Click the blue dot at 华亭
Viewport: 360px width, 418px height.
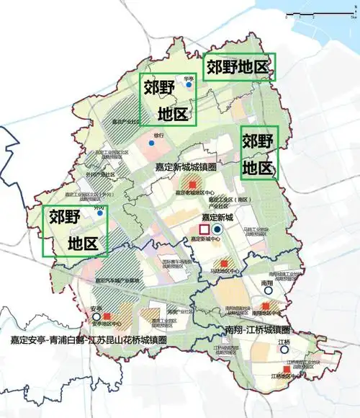pyautogui.click(x=189, y=85)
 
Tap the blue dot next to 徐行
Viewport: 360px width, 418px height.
pyautogui.click(x=150, y=143)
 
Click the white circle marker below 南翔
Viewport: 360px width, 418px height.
pyautogui.click(x=267, y=293)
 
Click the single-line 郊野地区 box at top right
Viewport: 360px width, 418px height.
pyautogui.click(x=238, y=67)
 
